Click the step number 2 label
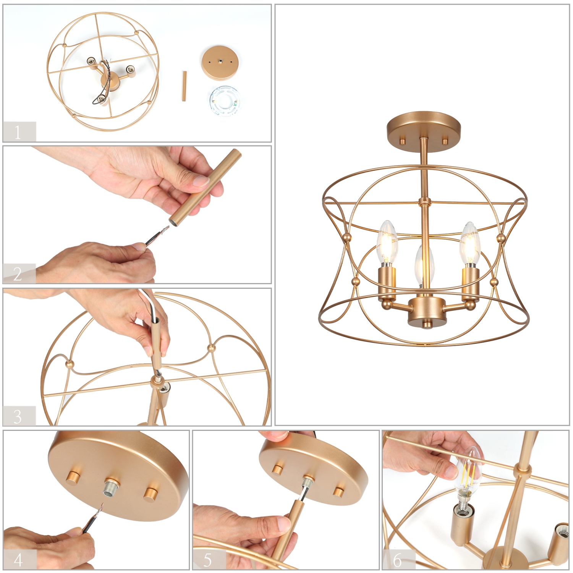coord(18,274)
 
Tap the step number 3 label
coord(18,416)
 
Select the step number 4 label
coord(18,560)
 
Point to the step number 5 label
coord(207,560)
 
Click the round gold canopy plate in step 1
coord(220,63)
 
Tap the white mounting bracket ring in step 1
coord(224,101)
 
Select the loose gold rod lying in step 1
coord(184,86)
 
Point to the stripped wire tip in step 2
coord(164,231)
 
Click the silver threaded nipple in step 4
coord(111,487)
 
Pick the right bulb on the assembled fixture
coord(470,244)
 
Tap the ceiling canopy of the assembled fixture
coord(424,127)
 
